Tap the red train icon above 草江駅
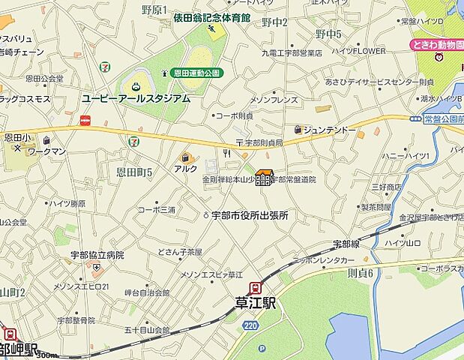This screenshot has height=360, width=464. pos(257,286)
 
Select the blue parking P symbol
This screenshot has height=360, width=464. pos(262,349)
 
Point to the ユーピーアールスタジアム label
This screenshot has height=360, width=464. pos(136,98)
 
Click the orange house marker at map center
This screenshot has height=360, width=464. pos(263,178)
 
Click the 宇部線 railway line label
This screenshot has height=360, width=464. pos(347,244)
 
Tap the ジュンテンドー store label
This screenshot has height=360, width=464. pos(330,130)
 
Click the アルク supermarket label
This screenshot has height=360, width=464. pos(185,169)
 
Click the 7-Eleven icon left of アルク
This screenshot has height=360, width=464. pos(133,139)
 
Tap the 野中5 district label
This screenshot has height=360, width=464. pos(328,34)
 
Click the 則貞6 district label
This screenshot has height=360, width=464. pos(359,273)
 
